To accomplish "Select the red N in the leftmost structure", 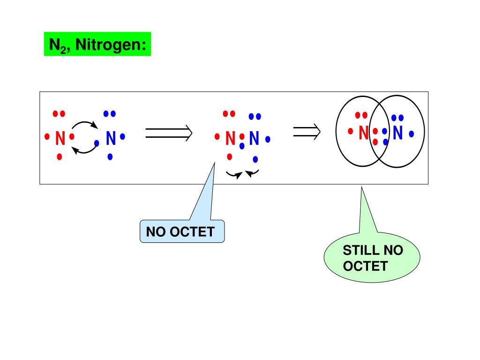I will point(60,138).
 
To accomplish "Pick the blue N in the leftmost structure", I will point(111,138).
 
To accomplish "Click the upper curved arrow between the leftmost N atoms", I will point(84,124).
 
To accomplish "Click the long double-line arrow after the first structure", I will point(169,133).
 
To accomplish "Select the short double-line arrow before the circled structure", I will point(307,132).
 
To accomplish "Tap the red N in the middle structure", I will point(230,138).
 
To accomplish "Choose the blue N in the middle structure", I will point(254,138).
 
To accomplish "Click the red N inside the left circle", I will point(363,133).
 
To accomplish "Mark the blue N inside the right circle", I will point(398,133).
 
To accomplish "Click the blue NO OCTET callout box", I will point(182,231).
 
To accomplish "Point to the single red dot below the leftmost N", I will point(59,157).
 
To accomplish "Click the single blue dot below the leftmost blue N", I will point(110,157).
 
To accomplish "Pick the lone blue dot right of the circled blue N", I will point(412,134).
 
